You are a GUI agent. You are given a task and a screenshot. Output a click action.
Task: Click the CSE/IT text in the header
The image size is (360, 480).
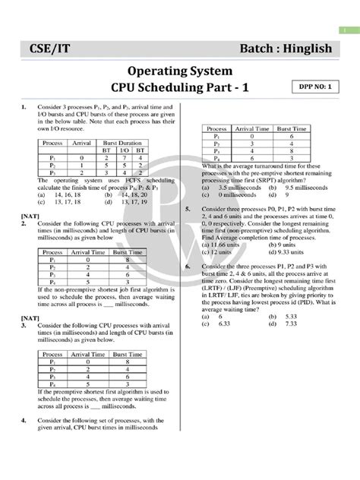46,49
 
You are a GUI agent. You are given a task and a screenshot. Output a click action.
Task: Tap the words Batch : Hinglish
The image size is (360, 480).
285,49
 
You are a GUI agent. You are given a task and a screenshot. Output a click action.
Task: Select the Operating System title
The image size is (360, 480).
179,72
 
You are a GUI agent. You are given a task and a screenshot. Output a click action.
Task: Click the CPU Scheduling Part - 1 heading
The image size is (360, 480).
180,90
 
